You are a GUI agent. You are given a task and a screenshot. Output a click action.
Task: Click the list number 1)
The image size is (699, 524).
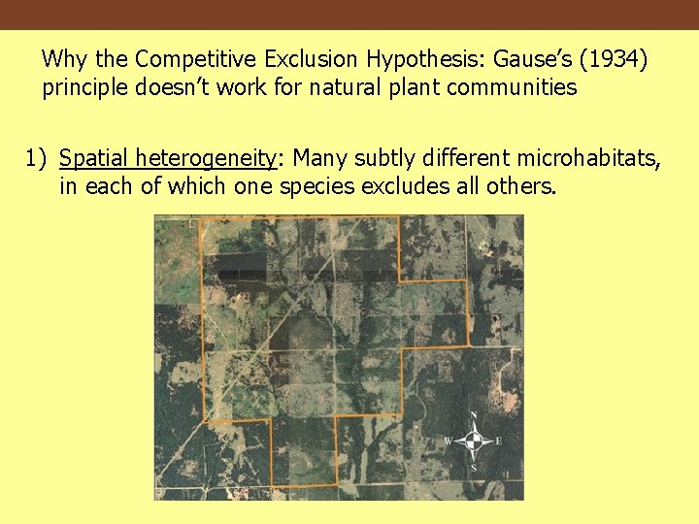[x=37, y=158]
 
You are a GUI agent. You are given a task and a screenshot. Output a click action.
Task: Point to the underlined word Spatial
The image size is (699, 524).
[x=94, y=158]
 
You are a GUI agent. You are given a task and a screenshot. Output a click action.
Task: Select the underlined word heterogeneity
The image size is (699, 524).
[x=208, y=158]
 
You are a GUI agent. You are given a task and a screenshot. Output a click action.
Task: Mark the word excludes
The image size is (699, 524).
[x=403, y=187]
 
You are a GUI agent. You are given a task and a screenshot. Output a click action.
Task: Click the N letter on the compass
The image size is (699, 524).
[x=474, y=416]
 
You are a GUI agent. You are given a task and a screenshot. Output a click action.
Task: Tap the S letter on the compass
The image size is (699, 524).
[x=474, y=468]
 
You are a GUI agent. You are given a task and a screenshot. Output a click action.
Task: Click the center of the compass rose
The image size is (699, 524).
[x=474, y=442]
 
